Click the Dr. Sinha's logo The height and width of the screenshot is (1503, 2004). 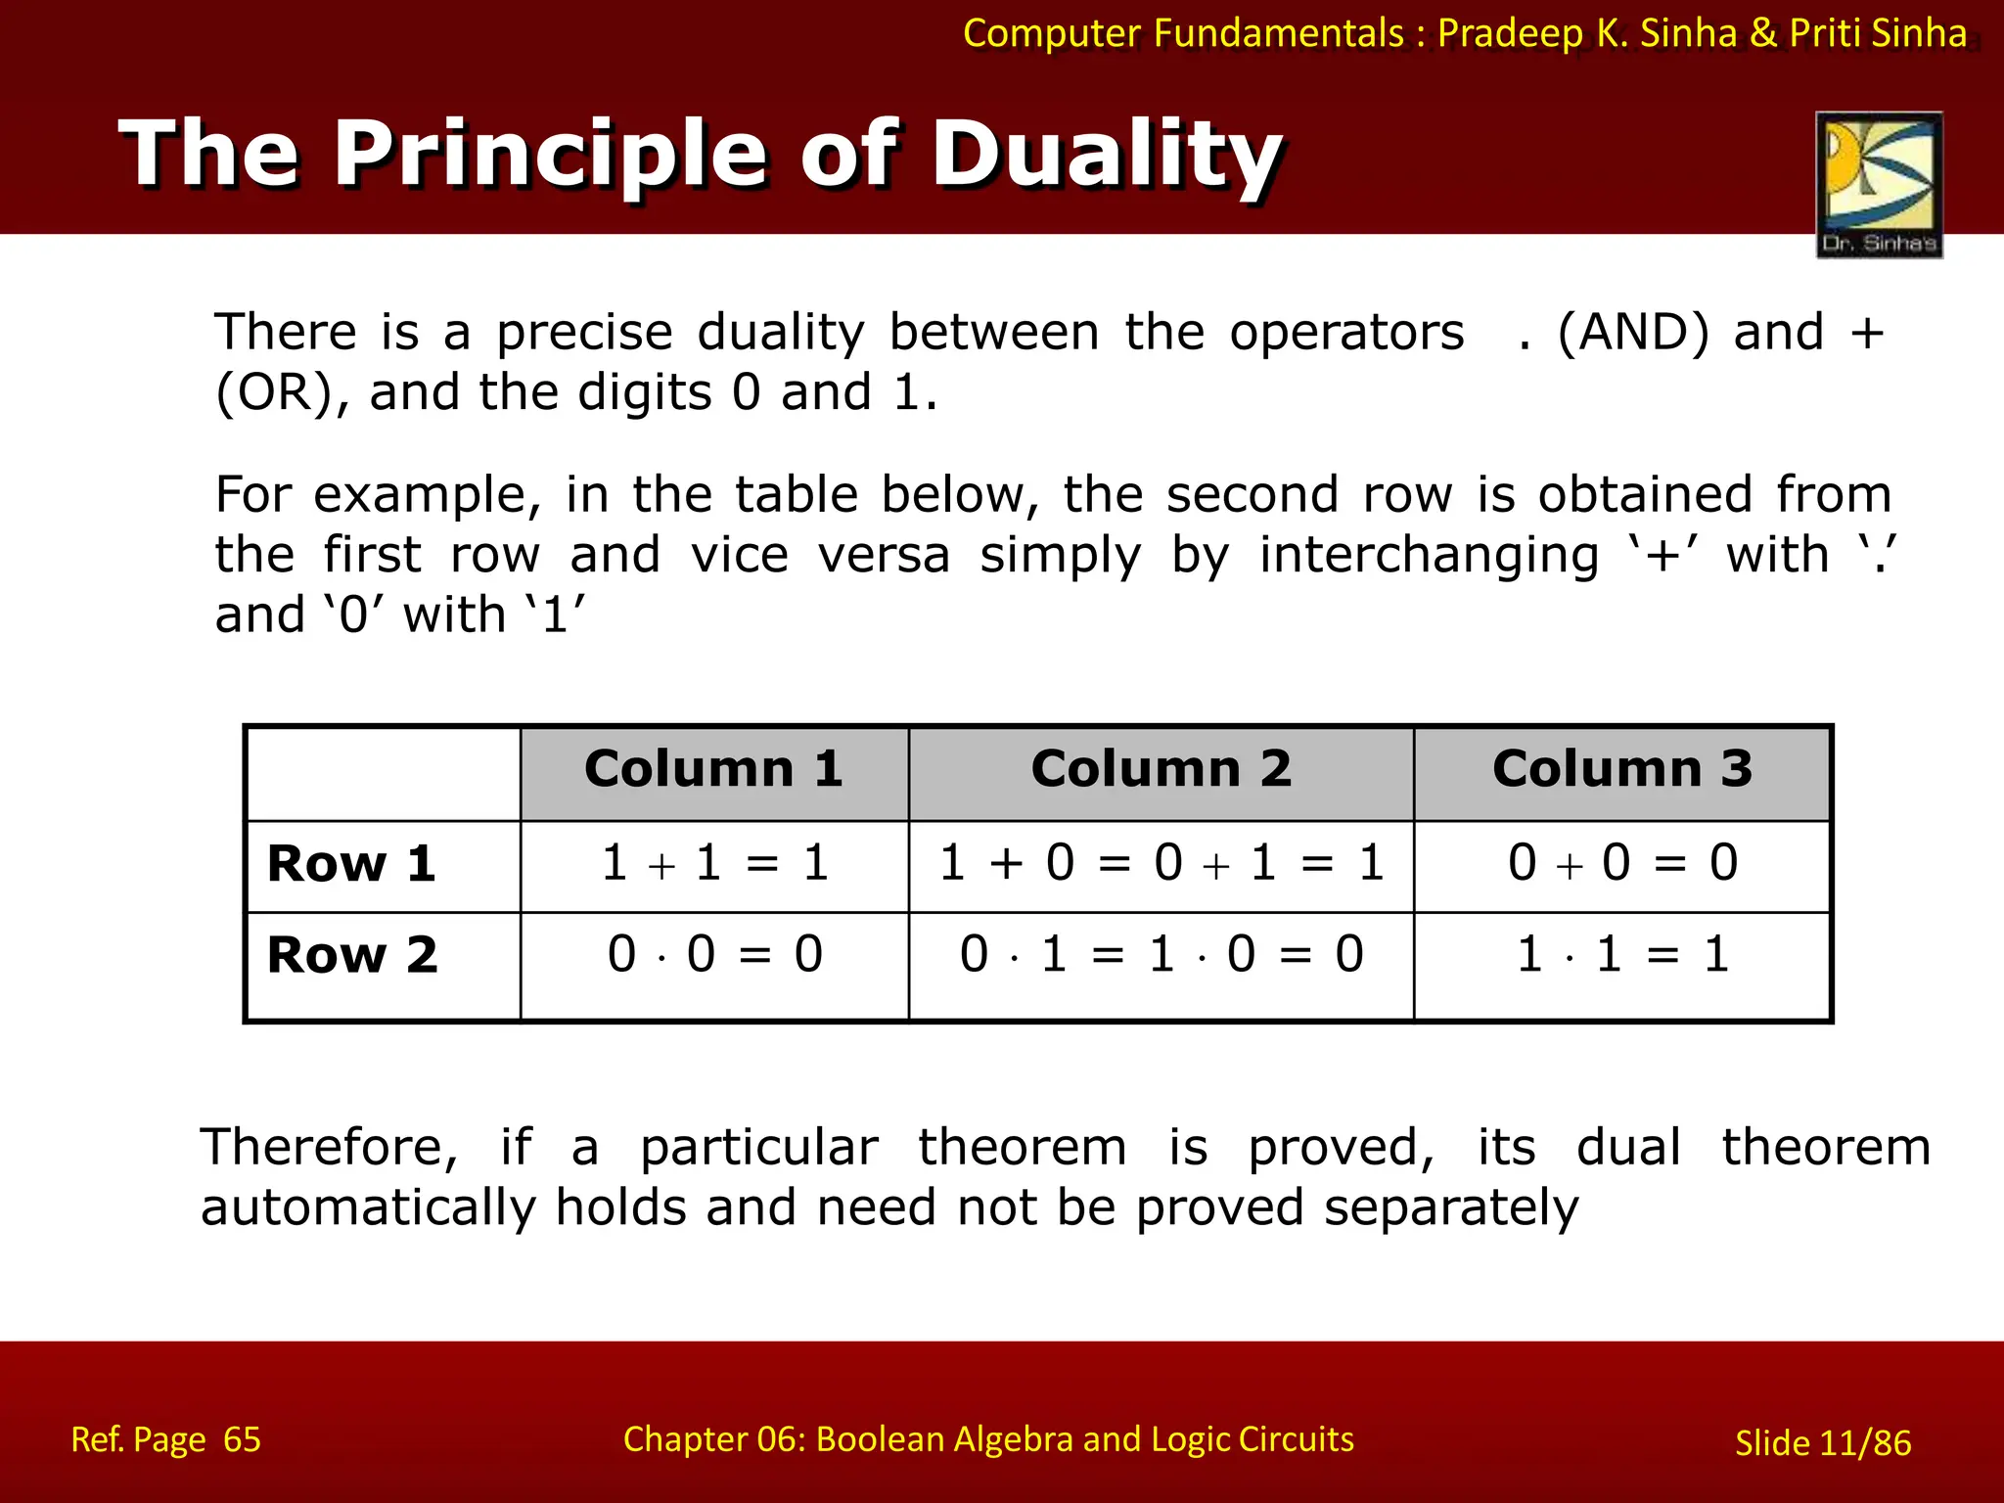1879,184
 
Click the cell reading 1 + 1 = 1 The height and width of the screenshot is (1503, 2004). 714,864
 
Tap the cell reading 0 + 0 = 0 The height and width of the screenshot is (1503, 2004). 1621,864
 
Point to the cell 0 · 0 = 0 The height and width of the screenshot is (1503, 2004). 714,955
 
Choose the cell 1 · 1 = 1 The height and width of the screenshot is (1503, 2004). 1621,955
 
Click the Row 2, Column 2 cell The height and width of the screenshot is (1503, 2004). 1161,955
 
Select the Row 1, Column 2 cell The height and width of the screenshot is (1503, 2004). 1161,864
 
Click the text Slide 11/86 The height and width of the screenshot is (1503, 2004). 1822,1443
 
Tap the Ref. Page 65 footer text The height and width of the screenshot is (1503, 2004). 165,1439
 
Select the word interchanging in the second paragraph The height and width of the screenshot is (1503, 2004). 1429,556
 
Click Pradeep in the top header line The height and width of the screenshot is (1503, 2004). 1510,34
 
